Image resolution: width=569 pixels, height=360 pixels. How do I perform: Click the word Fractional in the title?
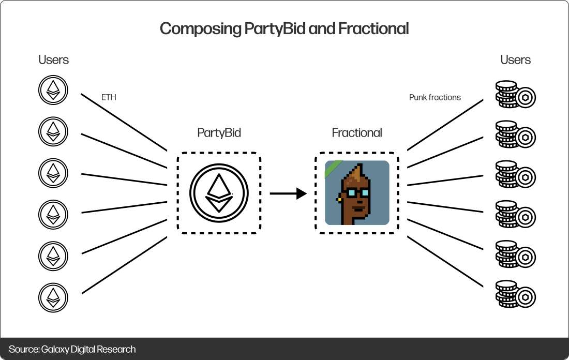point(373,28)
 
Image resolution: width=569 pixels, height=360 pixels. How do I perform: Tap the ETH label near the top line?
point(109,97)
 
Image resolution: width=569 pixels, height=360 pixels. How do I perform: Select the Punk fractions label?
point(435,97)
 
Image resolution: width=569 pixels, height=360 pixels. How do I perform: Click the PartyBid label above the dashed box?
point(219,133)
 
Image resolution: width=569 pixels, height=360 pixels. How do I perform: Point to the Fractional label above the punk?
point(357,133)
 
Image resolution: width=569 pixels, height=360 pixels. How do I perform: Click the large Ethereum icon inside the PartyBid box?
point(219,192)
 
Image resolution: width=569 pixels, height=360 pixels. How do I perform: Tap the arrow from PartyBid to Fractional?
point(288,194)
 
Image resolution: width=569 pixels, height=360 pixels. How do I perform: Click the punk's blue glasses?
point(357,193)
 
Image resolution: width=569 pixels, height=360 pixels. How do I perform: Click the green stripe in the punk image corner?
point(332,169)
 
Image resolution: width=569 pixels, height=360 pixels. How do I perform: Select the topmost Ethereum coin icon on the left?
point(53,91)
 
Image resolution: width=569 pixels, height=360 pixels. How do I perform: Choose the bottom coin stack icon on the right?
point(515,295)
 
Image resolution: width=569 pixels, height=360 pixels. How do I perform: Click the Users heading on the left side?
point(53,60)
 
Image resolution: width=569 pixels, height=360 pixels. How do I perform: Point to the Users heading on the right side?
point(515,60)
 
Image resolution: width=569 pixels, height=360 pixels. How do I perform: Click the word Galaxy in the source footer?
point(54,350)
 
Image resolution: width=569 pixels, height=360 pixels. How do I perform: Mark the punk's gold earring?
point(339,198)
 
